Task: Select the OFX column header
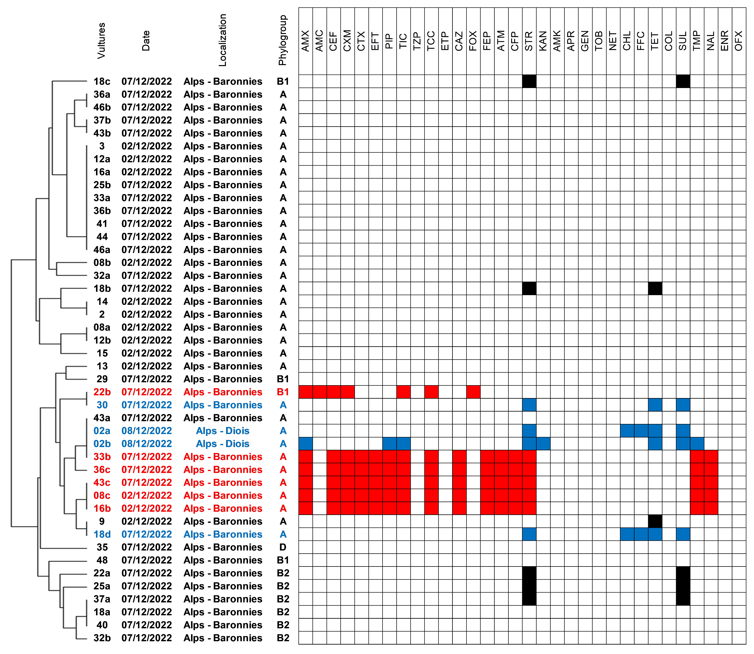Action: click(739, 41)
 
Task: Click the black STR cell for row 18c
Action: click(529, 81)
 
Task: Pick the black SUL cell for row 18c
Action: click(683, 81)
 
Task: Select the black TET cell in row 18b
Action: click(655, 288)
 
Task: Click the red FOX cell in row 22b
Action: click(473, 392)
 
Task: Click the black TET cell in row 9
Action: click(655, 521)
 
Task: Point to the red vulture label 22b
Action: click(102, 392)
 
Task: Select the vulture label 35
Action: click(102, 547)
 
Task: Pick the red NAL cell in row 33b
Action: click(711, 456)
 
